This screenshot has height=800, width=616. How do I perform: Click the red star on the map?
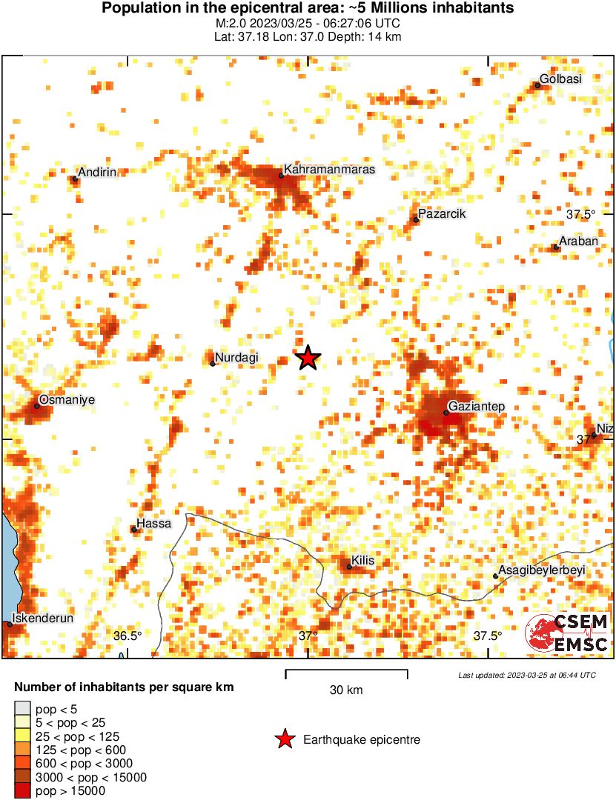(308, 358)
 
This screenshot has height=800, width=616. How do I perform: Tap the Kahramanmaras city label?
(329, 170)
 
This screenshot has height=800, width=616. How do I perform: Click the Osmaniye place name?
(67, 400)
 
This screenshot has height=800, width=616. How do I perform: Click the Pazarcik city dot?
(416, 219)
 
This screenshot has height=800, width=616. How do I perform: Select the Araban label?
(578, 241)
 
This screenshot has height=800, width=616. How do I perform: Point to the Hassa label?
(154, 523)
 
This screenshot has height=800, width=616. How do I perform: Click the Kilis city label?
(362, 561)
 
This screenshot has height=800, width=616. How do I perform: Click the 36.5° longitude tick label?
(127, 636)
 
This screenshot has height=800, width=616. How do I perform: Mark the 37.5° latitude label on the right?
(581, 215)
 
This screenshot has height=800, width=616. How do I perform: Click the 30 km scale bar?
(346, 673)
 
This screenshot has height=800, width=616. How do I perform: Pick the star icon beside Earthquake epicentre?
(284, 739)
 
